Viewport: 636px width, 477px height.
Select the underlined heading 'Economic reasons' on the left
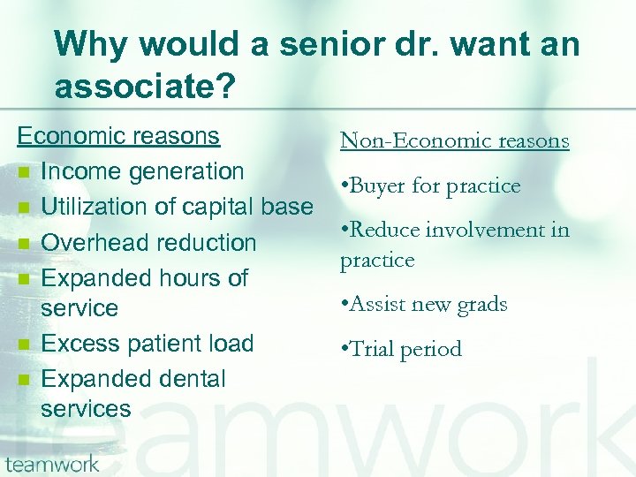pos(118,136)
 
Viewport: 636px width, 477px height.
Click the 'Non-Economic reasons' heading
pos(454,140)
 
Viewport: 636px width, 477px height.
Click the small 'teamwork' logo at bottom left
pos(52,464)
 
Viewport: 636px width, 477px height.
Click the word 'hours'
pos(192,277)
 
